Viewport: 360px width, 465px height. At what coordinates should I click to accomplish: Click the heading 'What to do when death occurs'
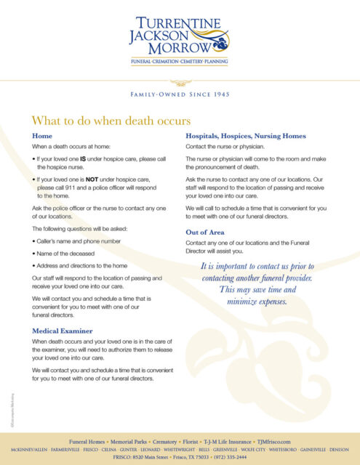(111, 120)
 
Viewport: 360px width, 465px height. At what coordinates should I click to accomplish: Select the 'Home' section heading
(42, 136)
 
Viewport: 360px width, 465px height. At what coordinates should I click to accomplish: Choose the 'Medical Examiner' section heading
(65, 331)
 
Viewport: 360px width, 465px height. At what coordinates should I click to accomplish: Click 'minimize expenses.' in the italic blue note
(257, 301)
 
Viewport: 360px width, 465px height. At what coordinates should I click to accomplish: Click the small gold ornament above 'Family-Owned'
(180, 82)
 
